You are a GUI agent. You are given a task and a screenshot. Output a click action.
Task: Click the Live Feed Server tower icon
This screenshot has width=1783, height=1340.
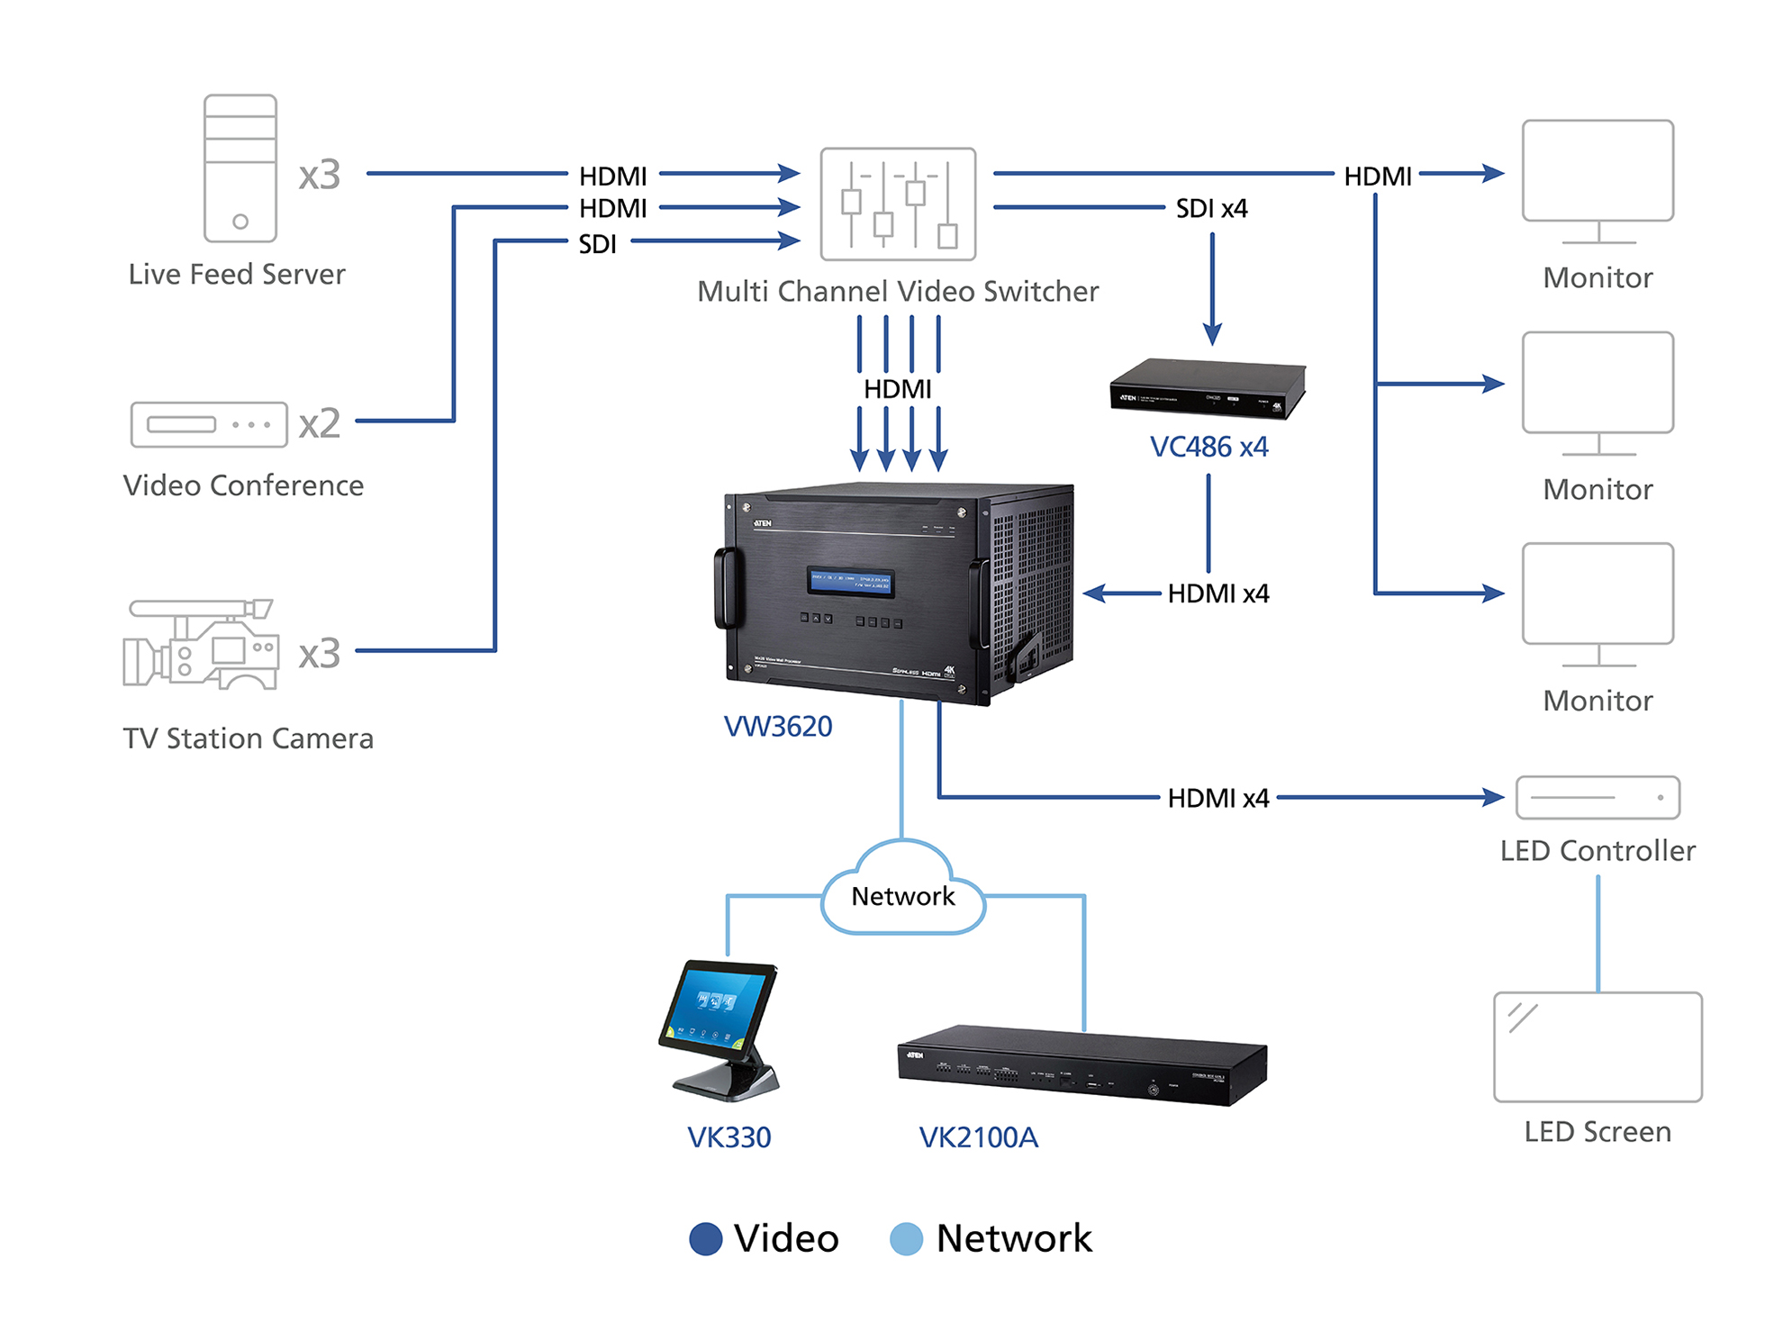click(x=240, y=168)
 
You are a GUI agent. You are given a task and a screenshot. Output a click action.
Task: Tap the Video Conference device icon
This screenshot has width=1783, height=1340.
click(x=209, y=424)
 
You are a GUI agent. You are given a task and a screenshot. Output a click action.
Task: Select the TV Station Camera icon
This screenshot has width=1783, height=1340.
click(x=201, y=645)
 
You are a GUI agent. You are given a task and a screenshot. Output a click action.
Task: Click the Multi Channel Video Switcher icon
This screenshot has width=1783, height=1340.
click(x=898, y=204)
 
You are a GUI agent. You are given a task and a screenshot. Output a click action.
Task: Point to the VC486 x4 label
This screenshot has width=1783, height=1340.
click(x=1208, y=447)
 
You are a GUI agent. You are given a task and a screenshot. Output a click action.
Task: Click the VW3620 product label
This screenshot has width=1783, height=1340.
click(x=778, y=726)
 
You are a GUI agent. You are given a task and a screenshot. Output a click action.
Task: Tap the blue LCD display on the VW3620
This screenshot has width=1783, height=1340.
click(x=851, y=582)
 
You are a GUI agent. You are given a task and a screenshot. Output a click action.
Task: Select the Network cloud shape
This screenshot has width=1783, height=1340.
click(x=903, y=892)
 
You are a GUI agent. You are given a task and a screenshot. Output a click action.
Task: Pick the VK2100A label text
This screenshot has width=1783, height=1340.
click(x=978, y=1137)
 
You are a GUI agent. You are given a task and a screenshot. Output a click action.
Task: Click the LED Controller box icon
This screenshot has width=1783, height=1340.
click(x=1597, y=797)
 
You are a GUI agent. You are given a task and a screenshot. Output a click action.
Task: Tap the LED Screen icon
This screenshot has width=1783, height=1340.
click(x=1597, y=1046)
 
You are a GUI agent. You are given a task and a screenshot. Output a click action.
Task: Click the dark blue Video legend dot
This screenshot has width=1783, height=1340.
click(x=705, y=1238)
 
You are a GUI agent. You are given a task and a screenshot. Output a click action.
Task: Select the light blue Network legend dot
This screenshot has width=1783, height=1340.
click(x=906, y=1238)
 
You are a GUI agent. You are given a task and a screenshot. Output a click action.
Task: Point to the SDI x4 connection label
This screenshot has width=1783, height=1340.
click(x=1211, y=209)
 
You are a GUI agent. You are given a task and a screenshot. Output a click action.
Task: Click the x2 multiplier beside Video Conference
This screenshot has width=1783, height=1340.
click(x=320, y=423)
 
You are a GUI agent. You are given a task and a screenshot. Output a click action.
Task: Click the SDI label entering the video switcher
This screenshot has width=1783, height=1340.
click(x=597, y=244)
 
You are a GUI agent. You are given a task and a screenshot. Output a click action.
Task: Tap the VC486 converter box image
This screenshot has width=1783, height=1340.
click(x=1208, y=389)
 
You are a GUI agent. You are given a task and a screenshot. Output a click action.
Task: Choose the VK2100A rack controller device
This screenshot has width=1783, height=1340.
click(x=1082, y=1066)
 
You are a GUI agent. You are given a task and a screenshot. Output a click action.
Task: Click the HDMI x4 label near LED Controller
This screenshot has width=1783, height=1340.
click(x=1217, y=798)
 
